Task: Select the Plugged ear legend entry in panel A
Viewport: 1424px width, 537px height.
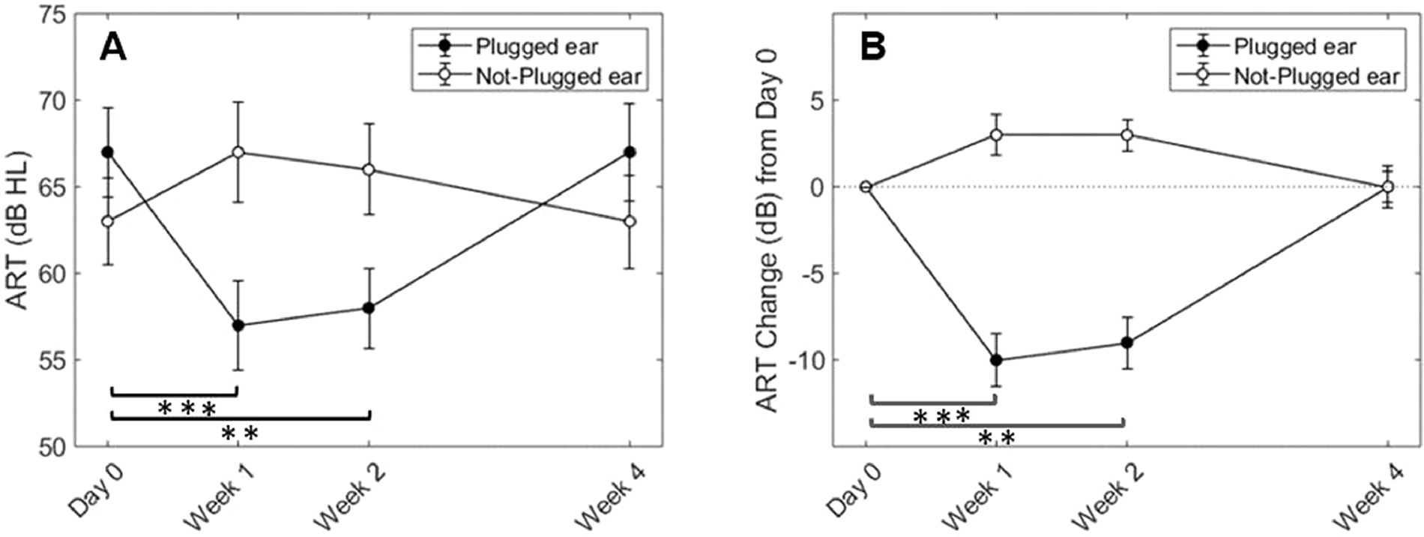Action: [537, 46]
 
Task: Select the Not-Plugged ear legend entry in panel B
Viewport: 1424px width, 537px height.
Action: [1316, 76]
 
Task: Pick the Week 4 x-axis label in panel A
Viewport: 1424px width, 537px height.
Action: [610, 495]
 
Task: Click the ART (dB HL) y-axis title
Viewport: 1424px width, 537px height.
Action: [17, 230]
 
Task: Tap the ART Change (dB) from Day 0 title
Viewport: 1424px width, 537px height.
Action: [767, 230]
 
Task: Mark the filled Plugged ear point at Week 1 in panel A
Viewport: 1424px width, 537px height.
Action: [238, 325]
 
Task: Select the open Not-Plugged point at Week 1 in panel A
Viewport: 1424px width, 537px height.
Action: [238, 152]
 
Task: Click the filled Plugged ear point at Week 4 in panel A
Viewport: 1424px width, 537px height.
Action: [630, 152]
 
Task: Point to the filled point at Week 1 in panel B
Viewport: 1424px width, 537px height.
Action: [996, 360]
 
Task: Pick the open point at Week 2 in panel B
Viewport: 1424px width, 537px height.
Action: [1126, 135]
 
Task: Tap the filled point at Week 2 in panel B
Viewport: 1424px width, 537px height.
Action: [1126, 343]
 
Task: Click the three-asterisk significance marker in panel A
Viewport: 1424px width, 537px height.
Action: [187, 409]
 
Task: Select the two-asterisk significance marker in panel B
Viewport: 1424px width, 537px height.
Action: [997, 438]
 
